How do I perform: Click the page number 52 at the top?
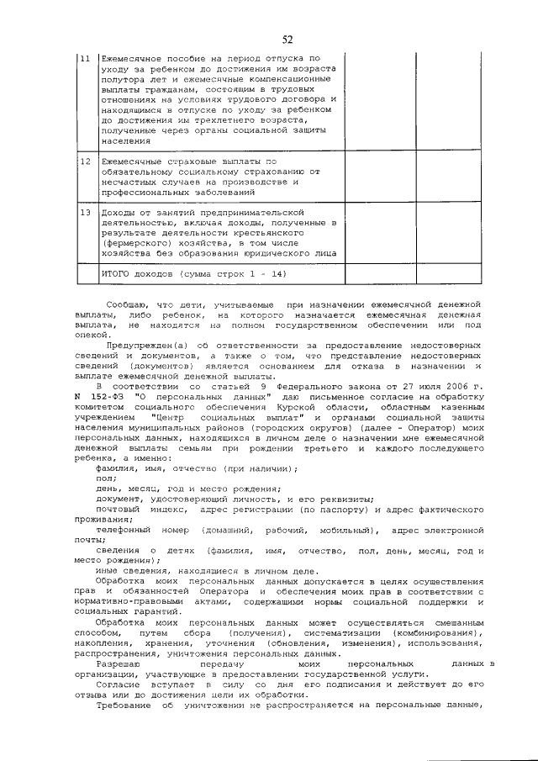[287, 40]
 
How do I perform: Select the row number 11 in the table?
[85, 58]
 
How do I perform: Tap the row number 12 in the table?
[85, 160]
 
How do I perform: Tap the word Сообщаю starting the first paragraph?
[124, 301]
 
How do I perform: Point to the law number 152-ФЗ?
[110, 395]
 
